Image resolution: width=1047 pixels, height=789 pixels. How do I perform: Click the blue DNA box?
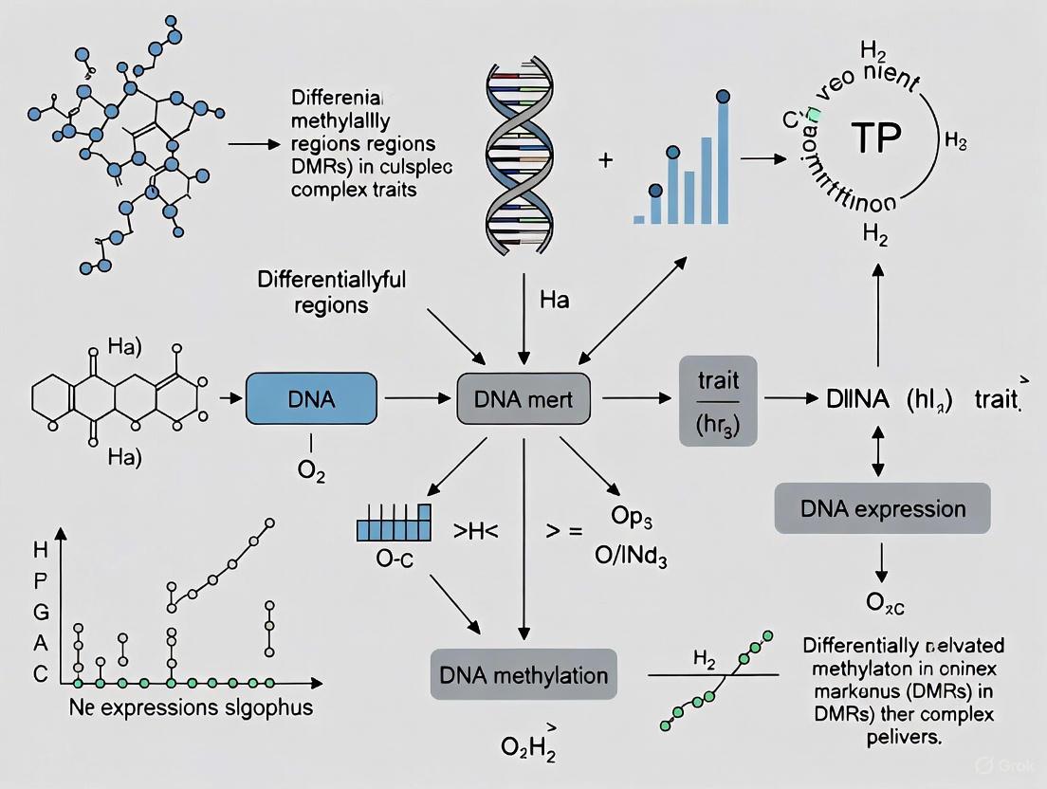[x=310, y=398]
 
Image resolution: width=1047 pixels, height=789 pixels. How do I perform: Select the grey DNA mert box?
[x=523, y=398]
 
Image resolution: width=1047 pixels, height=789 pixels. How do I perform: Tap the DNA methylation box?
[x=523, y=675]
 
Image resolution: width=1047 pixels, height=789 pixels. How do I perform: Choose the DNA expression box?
[x=883, y=507]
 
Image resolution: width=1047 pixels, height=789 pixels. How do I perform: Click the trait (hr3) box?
[x=717, y=400]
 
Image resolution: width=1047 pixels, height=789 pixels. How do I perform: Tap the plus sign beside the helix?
[x=604, y=160]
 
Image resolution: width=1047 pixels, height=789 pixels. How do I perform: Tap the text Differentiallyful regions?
[x=331, y=293]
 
